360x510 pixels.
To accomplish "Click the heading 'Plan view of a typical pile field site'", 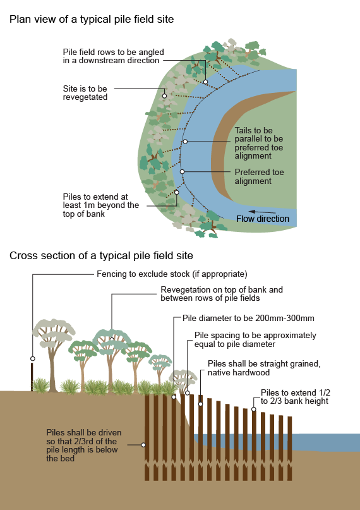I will (92, 19).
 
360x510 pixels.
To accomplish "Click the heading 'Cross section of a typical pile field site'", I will (101, 255).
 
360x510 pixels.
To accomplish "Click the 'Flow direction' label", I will (263, 219).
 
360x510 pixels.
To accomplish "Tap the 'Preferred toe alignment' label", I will (259, 176).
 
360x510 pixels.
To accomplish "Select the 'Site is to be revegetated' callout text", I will (85, 93).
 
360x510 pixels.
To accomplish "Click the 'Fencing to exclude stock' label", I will (171, 274).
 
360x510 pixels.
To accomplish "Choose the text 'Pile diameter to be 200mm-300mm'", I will (243, 318).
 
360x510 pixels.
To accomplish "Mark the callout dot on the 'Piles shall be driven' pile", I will (144, 445).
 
